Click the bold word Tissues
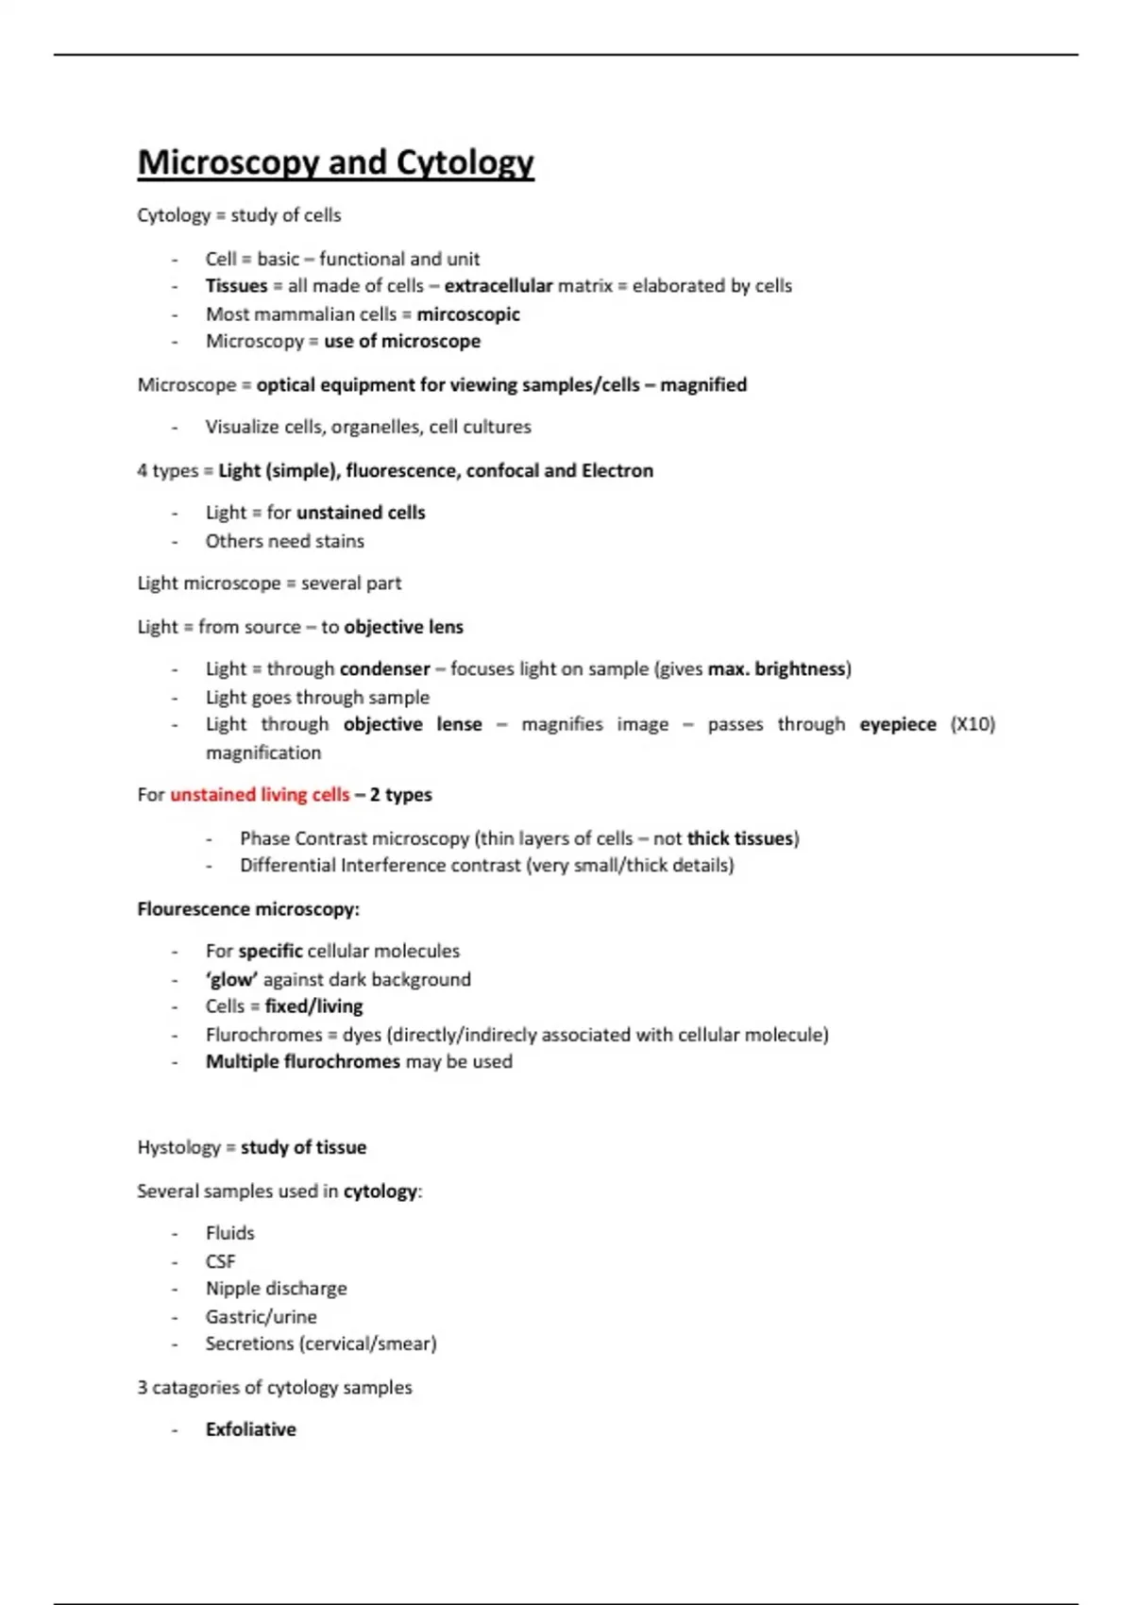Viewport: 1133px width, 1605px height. click(236, 286)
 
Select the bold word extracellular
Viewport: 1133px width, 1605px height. click(498, 286)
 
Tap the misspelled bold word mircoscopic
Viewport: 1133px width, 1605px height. click(468, 314)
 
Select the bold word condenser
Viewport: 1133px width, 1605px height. click(384, 669)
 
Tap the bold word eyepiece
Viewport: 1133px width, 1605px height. click(897, 724)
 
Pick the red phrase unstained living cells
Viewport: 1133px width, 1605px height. click(260, 795)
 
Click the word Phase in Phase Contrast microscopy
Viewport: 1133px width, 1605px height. click(264, 838)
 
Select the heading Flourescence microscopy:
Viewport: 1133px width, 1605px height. click(248, 909)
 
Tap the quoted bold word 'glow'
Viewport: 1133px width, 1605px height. click(231, 979)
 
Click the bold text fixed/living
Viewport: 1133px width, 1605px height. click(313, 1006)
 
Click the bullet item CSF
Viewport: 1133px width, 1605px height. click(220, 1261)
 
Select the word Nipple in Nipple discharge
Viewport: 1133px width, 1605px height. click(230, 1289)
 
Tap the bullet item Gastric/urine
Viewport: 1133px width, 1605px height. click(261, 1317)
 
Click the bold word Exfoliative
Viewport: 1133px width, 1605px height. click(250, 1429)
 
